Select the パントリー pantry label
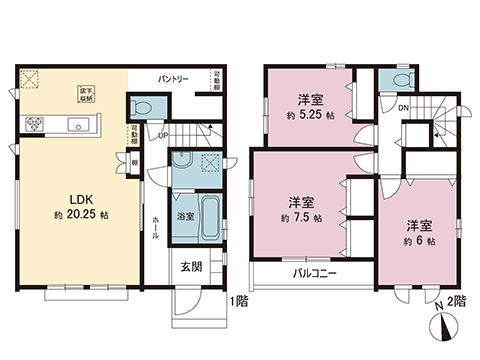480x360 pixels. click(x=174, y=78)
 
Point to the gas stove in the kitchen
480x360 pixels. click(x=36, y=124)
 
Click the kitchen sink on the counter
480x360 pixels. click(x=76, y=124)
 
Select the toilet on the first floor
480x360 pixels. click(x=141, y=106)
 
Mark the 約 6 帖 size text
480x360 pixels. click(x=418, y=240)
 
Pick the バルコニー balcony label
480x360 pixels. click(x=314, y=272)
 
